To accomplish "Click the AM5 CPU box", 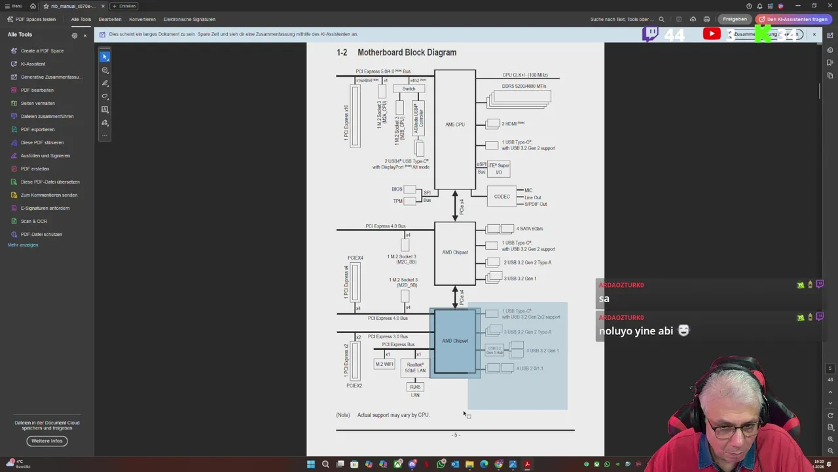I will [x=455, y=125].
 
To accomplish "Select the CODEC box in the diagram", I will [x=502, y=197].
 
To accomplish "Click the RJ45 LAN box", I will [x=415, y=387].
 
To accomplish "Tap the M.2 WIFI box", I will [x=384, y=364].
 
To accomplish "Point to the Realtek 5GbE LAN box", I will [x=416, y=368].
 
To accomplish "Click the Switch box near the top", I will [x=409, y=88].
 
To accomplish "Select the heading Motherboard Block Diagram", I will [x=407, y=52].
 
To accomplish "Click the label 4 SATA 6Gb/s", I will [x=530, y=229].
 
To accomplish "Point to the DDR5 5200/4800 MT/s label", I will [x=524, y=86].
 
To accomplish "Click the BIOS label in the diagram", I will [x=397, y=189].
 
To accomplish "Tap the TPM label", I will [x=397, y=201].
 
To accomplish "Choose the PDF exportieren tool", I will [x=37, y=129].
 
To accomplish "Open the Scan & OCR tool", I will [x=33, y=221].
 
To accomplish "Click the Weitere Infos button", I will [x=47, y=441].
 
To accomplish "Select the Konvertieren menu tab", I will [x=142, y=19].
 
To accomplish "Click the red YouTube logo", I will [x=712, y=34].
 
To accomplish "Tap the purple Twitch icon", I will [x=650, y=34].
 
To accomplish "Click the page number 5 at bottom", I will [x=455, y=435].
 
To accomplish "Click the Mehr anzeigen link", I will [x=23, y=245].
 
